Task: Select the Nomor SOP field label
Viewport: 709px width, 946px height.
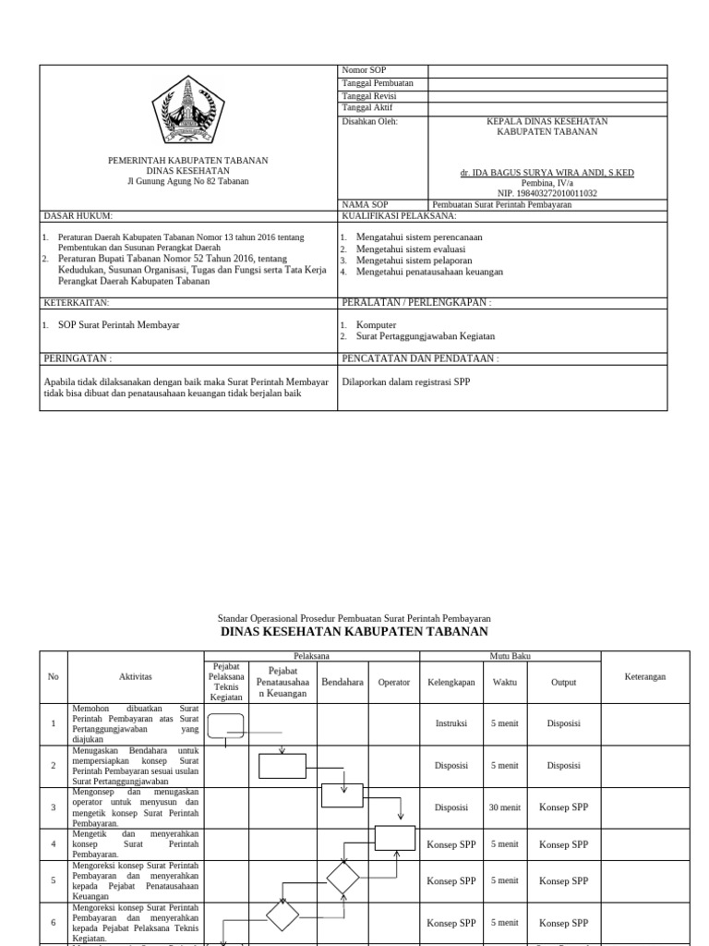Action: pos(365,70)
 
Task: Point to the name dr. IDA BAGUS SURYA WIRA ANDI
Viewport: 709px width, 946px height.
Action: pos(547,173)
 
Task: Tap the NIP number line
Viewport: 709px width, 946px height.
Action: pos(547,193)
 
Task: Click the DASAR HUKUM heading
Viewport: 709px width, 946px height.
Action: pos(78,215)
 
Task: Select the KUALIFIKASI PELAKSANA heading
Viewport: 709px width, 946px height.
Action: pos(399,215)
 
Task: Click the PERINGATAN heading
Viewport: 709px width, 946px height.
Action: pos(78,358)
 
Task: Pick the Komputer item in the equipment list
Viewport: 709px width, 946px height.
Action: pos(376,325)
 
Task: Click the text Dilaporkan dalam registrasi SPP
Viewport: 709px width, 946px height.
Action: pos(405,382)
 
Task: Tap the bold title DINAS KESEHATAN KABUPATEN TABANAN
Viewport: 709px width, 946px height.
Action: pos(354,632)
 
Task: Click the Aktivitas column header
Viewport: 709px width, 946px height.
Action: pos(135,676)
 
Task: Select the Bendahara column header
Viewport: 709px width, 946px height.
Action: pos(342,682)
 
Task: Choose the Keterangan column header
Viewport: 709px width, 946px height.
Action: pos(645,676)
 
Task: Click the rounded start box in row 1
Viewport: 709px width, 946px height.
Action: pos(226,725)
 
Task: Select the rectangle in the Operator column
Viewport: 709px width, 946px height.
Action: pos(395,838)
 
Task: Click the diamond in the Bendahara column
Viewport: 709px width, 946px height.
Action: pos(342,878)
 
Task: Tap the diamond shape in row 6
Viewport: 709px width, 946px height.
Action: pos(282,916)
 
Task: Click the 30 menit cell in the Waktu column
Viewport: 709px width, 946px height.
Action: pos(505,807)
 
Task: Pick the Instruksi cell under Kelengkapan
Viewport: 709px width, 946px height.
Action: pos(451,724)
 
